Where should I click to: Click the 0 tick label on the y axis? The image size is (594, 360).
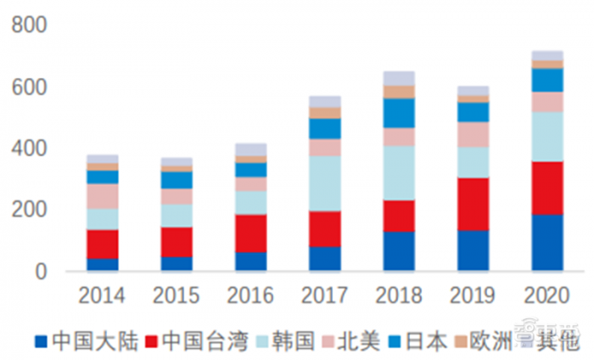click(38, 272)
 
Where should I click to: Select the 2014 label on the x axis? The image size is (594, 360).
click(102, 296)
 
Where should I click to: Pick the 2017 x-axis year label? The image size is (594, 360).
click(325, 296)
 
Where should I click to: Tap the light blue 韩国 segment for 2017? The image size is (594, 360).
click(325, 183)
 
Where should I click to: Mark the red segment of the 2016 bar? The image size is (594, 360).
click(250, 233)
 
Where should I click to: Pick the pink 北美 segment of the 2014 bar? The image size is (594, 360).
click(102, 196)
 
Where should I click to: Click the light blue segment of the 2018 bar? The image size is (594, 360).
click(399, 172)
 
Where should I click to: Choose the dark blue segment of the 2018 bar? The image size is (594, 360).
click(399, 251)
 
